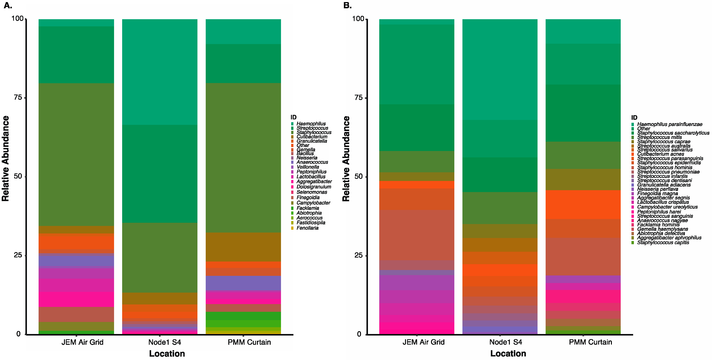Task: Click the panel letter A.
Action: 8,5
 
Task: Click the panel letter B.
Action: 347,5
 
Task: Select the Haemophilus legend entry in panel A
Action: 311,124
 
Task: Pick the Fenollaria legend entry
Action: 307,228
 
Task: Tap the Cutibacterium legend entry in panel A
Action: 312,137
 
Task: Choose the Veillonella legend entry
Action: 308,167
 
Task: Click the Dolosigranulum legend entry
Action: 314,187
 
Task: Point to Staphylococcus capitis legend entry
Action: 663,243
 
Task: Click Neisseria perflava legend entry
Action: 657,189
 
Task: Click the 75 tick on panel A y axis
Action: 18,97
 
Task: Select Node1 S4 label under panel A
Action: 164,342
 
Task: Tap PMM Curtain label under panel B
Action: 590,342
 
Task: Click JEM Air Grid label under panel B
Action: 423,342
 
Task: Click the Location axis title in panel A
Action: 167,354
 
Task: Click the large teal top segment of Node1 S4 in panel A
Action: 160,72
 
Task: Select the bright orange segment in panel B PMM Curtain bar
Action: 583,205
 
